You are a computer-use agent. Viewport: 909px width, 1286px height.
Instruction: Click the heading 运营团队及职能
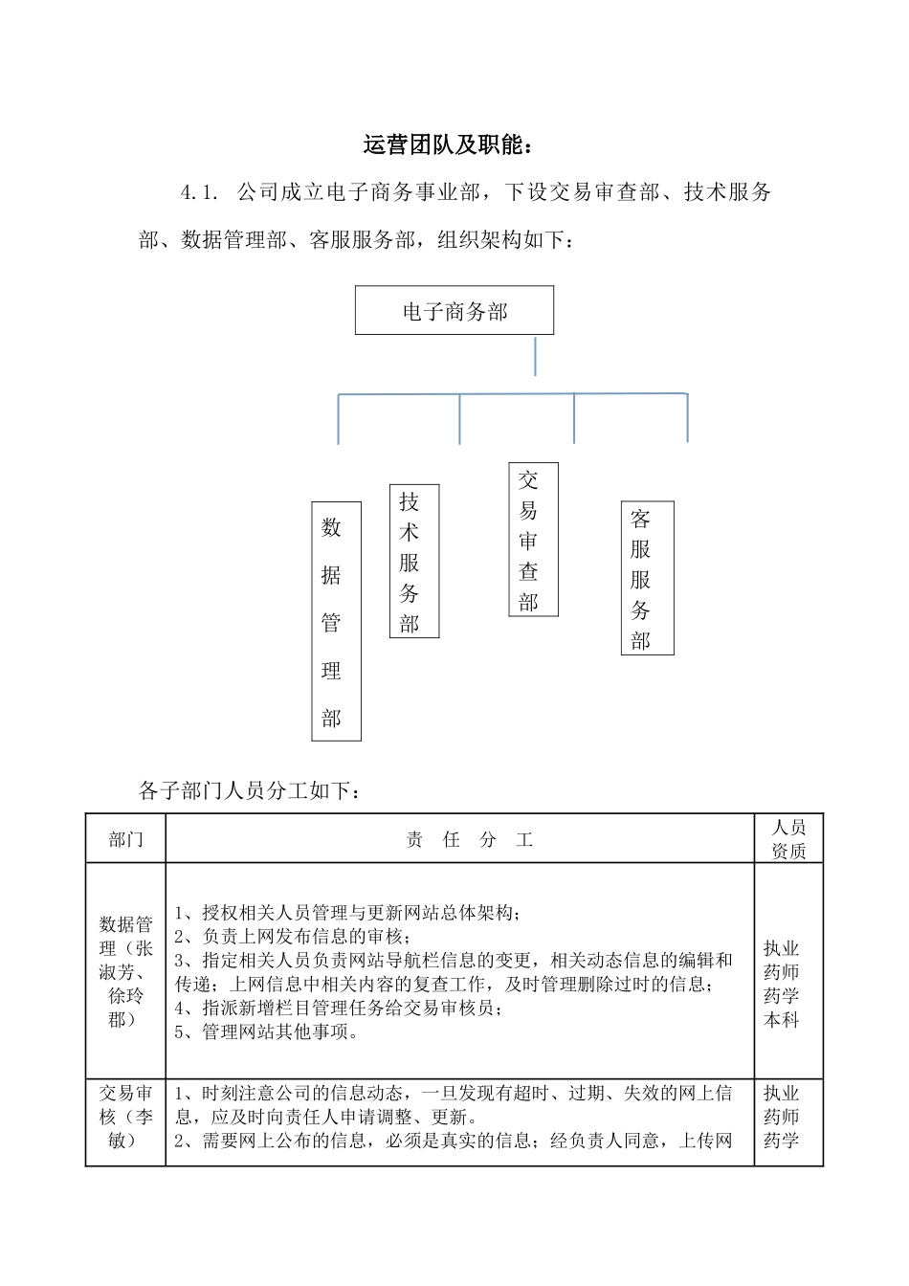[447, 145]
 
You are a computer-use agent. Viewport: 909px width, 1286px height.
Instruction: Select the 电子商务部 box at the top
[454, 311]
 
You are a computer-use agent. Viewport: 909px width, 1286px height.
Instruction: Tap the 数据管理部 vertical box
[336, 621]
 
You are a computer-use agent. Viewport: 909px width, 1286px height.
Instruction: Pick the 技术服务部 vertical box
[414, 561]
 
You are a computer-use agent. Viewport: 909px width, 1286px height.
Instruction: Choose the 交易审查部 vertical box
[533, 540]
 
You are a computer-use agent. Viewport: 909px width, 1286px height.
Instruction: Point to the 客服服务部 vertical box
[647, 578]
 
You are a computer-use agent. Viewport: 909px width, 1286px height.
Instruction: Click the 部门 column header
[125, 839]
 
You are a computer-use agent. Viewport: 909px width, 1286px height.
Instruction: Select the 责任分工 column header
[469, 840]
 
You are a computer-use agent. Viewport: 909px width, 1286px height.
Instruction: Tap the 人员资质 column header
[788, 839]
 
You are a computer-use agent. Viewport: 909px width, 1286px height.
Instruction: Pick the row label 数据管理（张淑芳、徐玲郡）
[125, 971]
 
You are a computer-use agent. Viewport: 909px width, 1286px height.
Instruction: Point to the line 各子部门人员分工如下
[250, 790]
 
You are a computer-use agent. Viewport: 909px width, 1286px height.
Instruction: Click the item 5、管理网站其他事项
[267, 1031]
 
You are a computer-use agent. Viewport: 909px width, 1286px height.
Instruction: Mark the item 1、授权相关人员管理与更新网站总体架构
[348, 912]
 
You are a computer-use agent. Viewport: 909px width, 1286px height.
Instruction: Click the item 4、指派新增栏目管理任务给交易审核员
[339, 1008]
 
